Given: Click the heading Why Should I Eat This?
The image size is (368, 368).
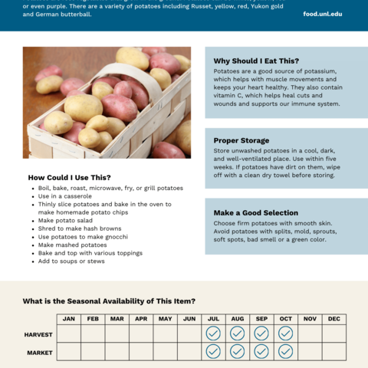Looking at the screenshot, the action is tap(256, 61).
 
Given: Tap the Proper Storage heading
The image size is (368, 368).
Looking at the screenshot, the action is tap(242, 140).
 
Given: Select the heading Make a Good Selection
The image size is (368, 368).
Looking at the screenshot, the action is tap(255, 212).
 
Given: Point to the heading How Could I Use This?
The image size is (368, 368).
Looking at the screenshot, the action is tap(69, 177).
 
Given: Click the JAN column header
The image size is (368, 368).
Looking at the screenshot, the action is tap(69, 318).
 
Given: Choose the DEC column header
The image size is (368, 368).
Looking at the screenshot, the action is tap(334, 318).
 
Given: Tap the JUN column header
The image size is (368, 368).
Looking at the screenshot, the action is tap(189, 318).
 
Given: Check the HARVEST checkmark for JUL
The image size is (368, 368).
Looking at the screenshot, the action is tap(213, 333).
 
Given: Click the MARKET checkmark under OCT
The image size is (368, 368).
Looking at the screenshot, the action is tap(285, 351).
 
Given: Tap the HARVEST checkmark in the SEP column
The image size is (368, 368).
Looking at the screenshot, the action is tap(261, 333).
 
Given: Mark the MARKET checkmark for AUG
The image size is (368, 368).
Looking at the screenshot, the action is tap(238, 351).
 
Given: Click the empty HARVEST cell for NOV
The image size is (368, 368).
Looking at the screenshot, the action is tap(310, 333).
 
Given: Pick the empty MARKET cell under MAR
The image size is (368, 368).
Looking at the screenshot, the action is tap(117, 351).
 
